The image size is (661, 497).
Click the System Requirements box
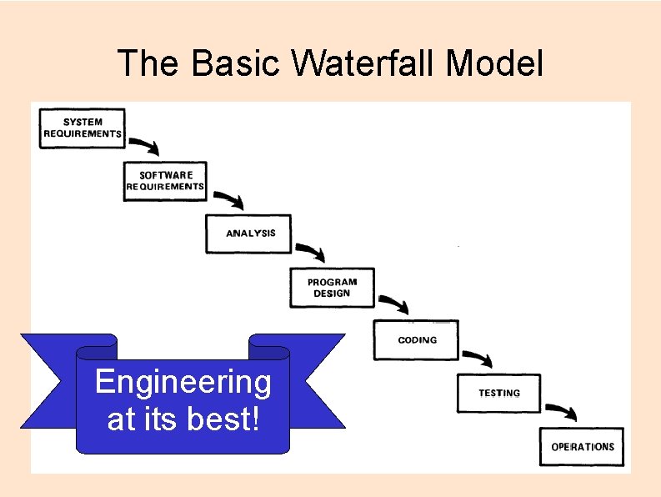click(x=83, y=128)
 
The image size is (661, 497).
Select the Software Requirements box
click(x=165, y=181)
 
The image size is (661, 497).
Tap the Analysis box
click(x=249, y=233)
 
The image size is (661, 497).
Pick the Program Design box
click(x=332, y=288)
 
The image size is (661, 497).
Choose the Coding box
click(x=416, y=340)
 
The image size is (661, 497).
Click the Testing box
click(x=498, y=393)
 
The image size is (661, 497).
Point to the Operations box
click(x=582, y=446)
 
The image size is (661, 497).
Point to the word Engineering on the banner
click(x=183, y=382)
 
